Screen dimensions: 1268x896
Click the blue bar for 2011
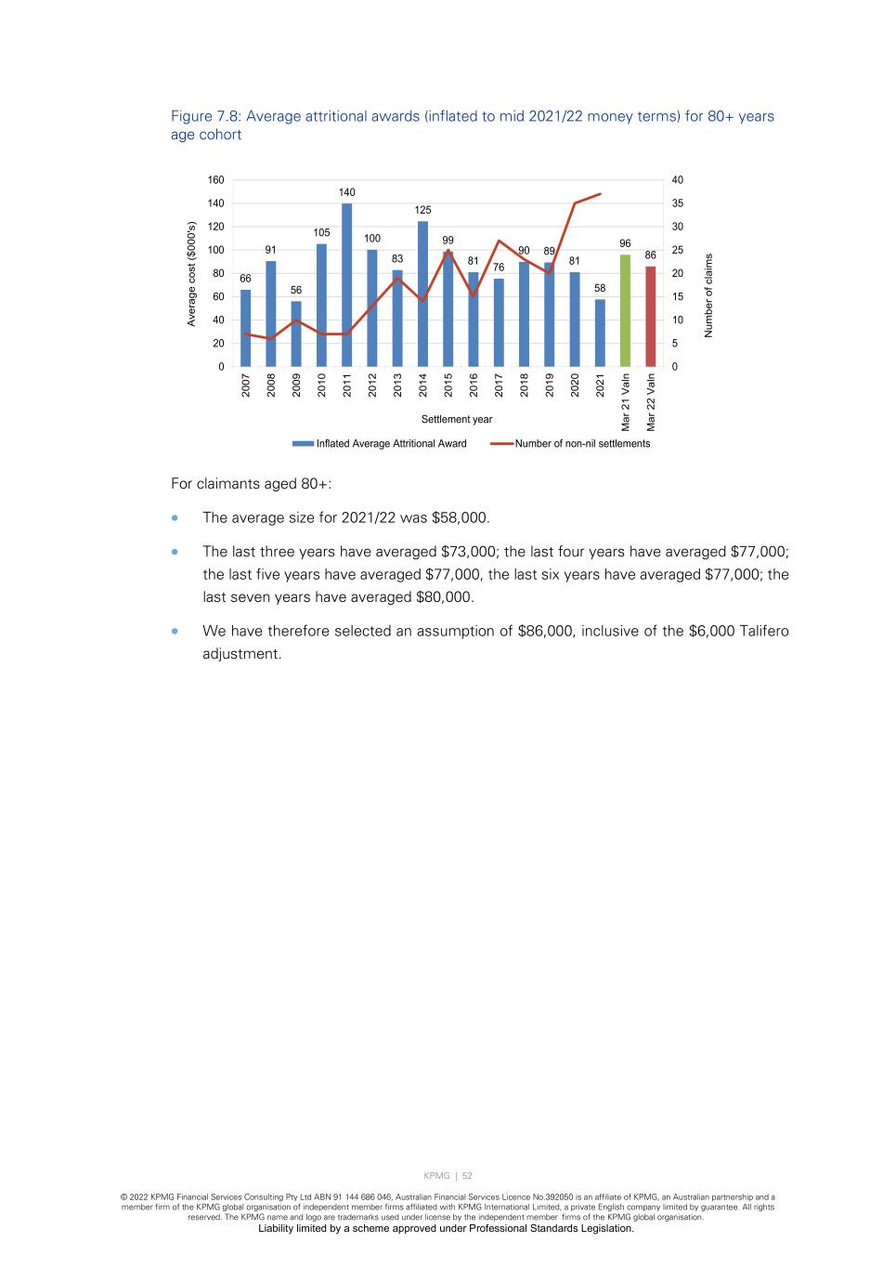[347, 284]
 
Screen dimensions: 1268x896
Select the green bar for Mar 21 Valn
[626, 310]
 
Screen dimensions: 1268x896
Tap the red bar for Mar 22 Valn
[651, 316]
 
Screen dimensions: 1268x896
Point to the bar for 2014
[423, 294]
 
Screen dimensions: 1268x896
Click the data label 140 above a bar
[347, 192]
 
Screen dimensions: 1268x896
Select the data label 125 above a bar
[423, 210]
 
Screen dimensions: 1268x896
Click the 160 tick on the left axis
[215, 180]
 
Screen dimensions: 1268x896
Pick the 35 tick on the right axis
[678, 203]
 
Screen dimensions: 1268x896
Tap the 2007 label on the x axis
[246, 386]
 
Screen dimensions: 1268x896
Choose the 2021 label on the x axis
[601, 386]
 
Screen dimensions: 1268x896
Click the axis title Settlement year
[457, 420]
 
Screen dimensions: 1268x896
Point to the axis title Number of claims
[708, 295]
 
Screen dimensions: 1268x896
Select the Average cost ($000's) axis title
[192, 274]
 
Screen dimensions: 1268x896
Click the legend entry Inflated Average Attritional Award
[391, 444]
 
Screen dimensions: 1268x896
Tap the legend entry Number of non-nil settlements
[582, 444]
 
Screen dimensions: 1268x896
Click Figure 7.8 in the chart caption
[204, 116]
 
